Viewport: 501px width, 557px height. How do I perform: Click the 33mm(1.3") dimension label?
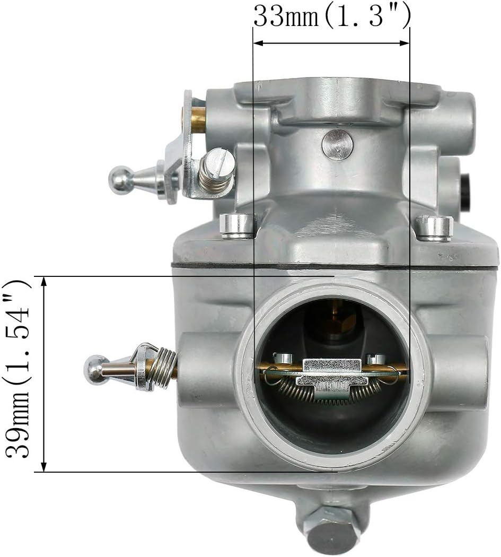[332, 16]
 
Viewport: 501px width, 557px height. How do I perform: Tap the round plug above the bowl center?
[338, 144]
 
